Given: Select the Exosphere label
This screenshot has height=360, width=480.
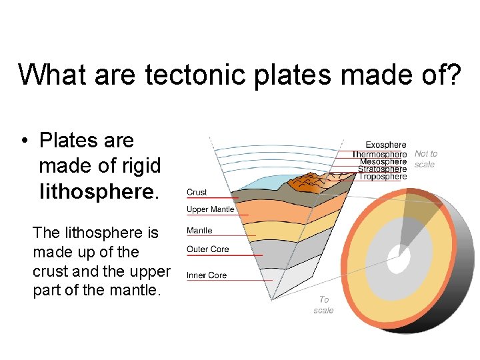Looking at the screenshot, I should (385, 145).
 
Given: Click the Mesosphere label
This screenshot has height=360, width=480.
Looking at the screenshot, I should (383, 162).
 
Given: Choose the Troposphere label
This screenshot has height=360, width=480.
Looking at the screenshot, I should (382, 177).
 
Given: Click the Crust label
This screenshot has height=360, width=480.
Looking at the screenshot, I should (197, 192).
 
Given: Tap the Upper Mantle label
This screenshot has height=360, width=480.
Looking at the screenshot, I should (210, 209).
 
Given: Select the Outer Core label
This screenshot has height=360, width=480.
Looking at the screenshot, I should (207, 249).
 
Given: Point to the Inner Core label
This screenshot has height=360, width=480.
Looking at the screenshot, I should (207, 275).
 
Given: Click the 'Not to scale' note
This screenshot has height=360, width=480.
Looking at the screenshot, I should (425, 159).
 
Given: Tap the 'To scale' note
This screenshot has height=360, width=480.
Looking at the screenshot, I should (323, 305).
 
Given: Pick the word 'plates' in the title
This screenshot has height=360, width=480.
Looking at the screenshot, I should (292, 75).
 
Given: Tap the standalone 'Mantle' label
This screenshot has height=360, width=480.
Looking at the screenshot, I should (199, 230).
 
